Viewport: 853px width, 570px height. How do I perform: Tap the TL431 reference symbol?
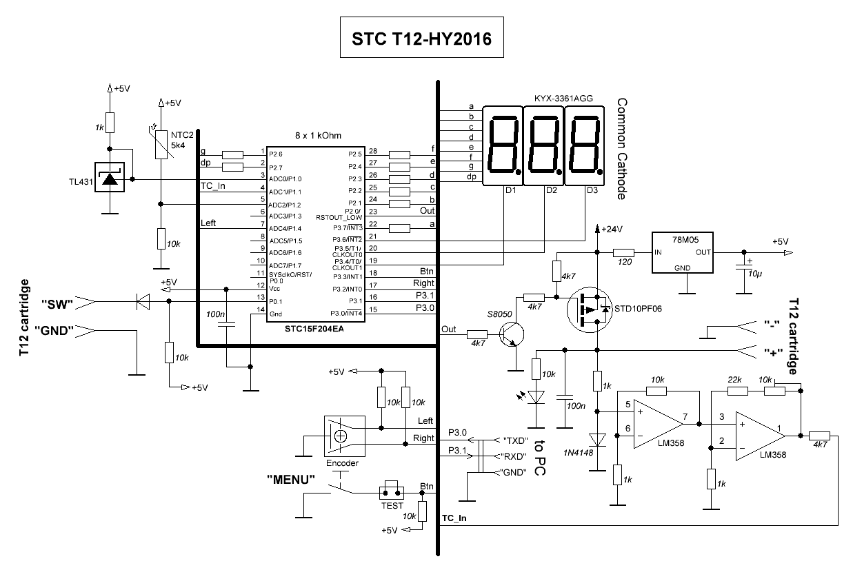click(108, 179)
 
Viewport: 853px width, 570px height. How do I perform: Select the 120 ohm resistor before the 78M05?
click(624, 254)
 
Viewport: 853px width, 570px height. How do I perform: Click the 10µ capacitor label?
click(756, 274)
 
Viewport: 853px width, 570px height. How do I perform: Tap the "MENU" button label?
click(291, 478)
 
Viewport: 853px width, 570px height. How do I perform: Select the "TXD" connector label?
click(514, 440)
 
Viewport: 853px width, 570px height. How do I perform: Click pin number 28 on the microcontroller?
click(372, 151)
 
